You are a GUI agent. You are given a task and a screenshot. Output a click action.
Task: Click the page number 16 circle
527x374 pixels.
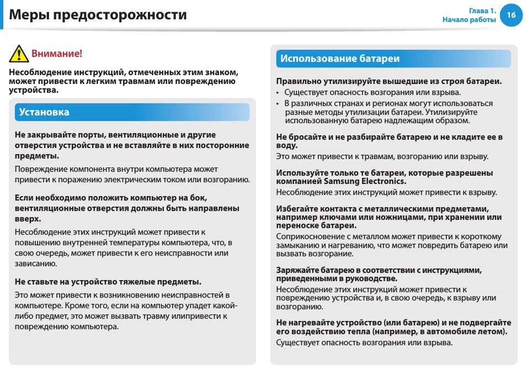[511, 15]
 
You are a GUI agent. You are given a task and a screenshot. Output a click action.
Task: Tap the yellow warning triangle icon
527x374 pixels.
[18, 54]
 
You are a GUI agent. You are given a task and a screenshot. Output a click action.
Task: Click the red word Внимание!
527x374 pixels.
[57, 54]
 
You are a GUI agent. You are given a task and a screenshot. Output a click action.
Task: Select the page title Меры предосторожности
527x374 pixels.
[98, 15]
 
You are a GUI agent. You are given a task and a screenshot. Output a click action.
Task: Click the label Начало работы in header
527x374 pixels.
[469, 20]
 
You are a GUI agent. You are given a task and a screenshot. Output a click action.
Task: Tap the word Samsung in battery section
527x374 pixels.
[342, 181]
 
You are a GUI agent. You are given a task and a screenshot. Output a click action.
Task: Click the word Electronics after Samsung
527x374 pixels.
[384, 181]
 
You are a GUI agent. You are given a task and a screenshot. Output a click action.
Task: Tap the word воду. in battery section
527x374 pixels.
[286, 145]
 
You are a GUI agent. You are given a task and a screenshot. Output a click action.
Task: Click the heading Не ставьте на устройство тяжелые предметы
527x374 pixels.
[108, 282]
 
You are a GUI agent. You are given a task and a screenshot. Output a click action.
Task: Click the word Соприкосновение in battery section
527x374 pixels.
[311, 236]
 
